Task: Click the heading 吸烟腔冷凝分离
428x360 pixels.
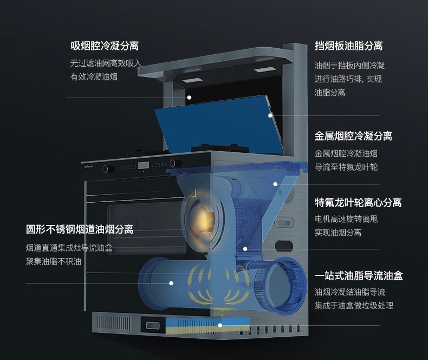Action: tap(105, 46)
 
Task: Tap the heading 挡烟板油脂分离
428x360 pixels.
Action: tap(348, 46)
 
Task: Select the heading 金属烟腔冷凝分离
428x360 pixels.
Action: tap(353, 136)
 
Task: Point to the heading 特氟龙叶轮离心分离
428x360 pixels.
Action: tap(358, 202)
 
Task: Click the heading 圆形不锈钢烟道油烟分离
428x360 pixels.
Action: tap(80, 229)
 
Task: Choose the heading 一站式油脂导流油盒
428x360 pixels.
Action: tap(359, 275)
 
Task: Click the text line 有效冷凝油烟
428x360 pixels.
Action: tap(94, 77)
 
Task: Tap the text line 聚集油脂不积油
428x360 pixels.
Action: tap(54, 261)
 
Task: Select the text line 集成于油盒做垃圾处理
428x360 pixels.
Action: tap(354, 305)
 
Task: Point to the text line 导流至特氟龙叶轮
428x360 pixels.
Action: tap(346, 167)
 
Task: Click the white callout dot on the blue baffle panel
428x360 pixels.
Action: tap(270, 115)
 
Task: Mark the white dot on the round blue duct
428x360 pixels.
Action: tap(171, 283)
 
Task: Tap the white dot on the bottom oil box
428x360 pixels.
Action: tap(220, 325)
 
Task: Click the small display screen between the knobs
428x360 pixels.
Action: tap(144, 165)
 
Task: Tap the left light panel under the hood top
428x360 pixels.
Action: tap(192, 80)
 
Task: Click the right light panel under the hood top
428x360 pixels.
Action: tap(264, 70)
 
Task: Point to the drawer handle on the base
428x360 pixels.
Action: tap(153, 325)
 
